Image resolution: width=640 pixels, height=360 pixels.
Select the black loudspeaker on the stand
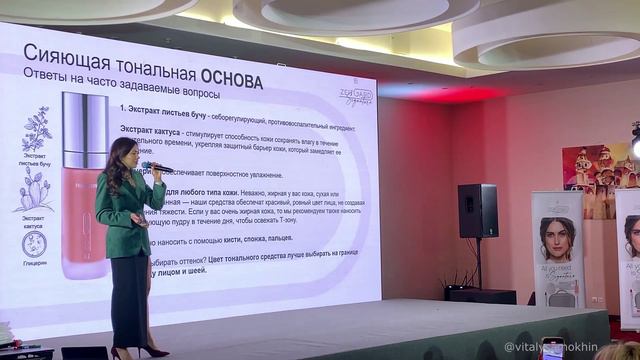pos(478,210)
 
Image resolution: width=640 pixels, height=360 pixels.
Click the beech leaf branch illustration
pos(38,130)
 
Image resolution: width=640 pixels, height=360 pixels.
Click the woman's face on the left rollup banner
pos(556,241)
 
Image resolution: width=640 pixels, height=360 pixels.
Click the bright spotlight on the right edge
pos(635,146)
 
